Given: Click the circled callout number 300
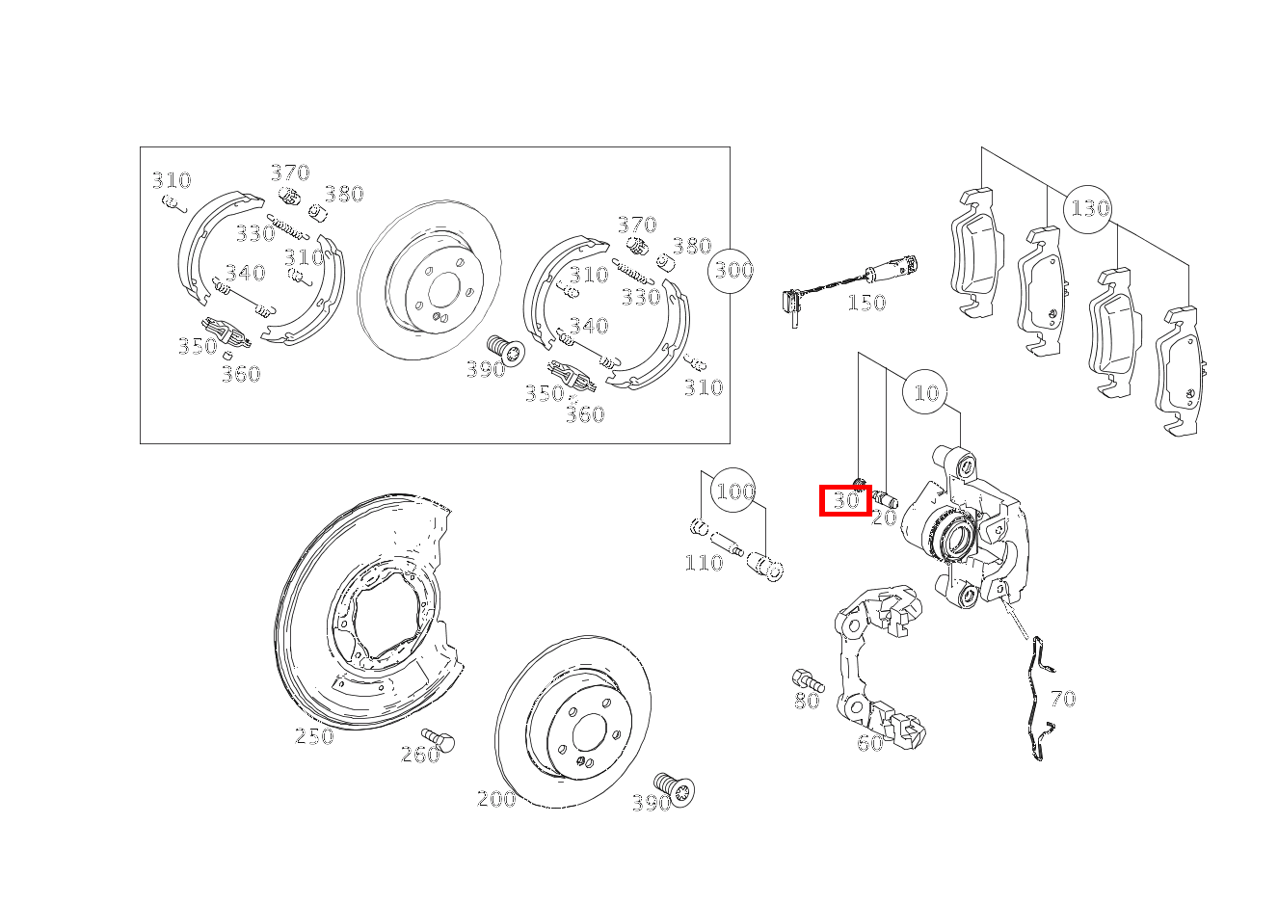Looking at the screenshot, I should pos(732,270).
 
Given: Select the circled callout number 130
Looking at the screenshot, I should pos(1089,208).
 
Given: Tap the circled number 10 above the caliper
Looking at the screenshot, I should pos(925,392).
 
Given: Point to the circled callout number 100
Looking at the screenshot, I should pos(734,491).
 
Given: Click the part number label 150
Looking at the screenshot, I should pos(865,303).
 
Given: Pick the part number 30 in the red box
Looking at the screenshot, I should pos(845,500).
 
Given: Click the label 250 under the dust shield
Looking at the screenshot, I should pos(313,737).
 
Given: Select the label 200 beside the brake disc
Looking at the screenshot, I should pos(496,799).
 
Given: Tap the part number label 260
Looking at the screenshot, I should pos(420,755).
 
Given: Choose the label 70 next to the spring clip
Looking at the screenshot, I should pos(1062,699).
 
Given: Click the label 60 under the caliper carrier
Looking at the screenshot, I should pos(869,743).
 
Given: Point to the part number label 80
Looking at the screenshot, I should pos(807,702).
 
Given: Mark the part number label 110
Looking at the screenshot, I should pos(703,563).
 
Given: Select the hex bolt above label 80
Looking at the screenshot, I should pos(805,678).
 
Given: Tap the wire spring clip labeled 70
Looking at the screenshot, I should pos(1037,699).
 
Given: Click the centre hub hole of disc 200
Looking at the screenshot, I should pos(588,735).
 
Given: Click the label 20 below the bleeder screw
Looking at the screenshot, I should pos(883,518).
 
